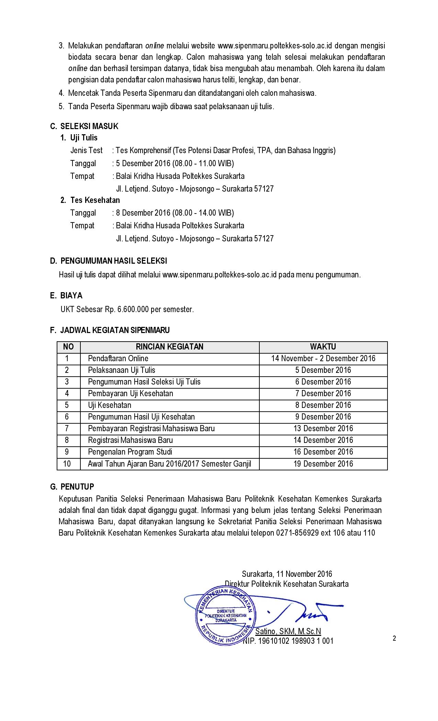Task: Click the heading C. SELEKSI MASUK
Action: point(84,126)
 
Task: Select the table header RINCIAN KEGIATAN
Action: point(169,347)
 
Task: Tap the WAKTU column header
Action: point(323,347)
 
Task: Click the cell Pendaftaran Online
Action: point(118,358)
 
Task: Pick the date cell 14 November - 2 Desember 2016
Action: point(323,358)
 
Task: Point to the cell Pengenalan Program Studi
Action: point(130,452)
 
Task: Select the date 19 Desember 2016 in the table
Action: point(323,464)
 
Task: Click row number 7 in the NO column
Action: point(67,428)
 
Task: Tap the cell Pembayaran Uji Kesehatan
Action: point(131,393)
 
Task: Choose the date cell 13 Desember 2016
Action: point(323,428)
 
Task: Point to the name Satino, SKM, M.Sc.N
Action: point(288,631)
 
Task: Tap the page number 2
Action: point(394,638)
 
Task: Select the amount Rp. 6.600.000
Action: point(127,309)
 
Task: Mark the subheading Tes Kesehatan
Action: point(95,200)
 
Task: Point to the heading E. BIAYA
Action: point(66,296)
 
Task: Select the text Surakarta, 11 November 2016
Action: point(287,574)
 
